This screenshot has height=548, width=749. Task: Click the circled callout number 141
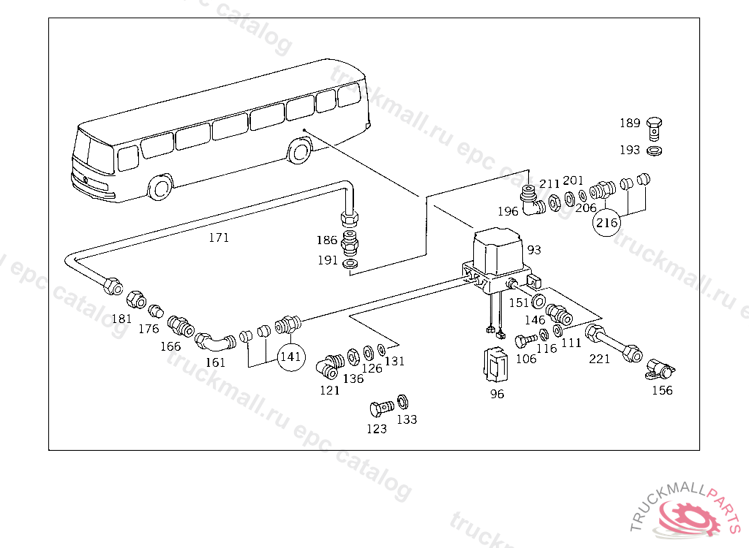(x=290, y=357)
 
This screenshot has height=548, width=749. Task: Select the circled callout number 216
(x=606, y=223)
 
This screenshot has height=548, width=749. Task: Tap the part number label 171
(x=219, y=237)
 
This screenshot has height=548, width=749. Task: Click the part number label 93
(x=534, y=250)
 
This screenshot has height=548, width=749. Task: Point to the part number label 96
(x=497, y=394)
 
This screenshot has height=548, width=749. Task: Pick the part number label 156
(x=662, y=390)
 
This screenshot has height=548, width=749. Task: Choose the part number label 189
(x=630, y=123)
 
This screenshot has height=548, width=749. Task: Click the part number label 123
(x=377, y=429)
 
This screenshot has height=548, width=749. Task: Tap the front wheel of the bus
(x=159, y=188)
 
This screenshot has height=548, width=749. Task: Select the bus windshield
(x=91, y=155)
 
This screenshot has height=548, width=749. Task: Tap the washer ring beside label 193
(x=655, y=151)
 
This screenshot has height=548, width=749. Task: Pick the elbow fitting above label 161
(x=214, y=341)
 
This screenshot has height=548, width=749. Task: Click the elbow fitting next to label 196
(x=530, y=202)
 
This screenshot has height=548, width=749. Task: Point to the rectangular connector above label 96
(x=497, y=363)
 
